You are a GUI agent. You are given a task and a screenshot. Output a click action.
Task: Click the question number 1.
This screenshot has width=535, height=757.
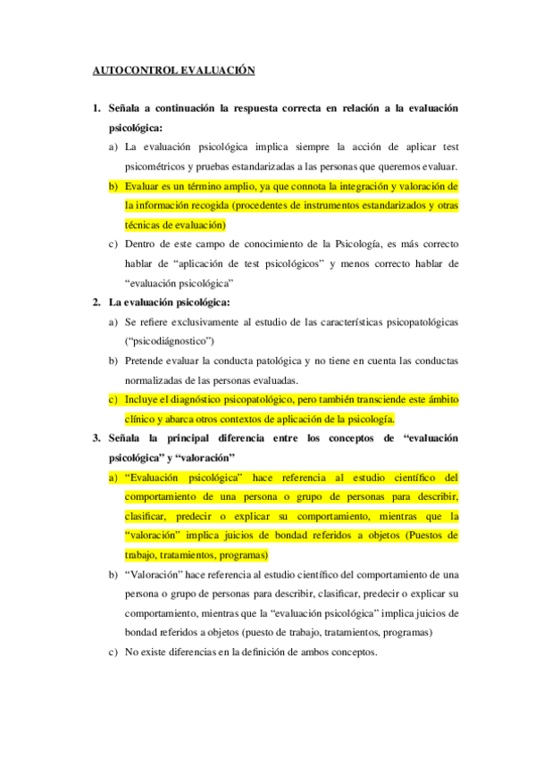click(x=96, y=108)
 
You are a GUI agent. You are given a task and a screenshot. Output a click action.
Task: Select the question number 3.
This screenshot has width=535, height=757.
click(x=96, y=437)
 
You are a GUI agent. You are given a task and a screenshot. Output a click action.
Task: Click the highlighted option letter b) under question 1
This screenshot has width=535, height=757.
click(x=113, y=186)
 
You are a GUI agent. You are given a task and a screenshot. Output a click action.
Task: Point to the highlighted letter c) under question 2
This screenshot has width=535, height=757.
click(x=113, y=399)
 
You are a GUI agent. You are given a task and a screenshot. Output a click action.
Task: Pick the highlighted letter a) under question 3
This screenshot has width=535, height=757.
click(x=113, y=477)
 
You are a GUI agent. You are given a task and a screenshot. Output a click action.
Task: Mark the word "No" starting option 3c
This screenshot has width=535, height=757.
click(x=132, y=652)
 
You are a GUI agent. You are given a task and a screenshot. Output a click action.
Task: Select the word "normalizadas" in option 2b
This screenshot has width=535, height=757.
click(x=159, y=379)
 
